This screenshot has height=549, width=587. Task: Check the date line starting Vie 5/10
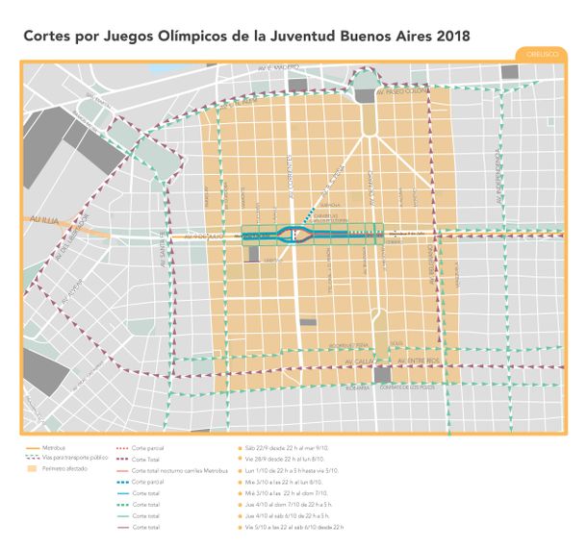point(294,527)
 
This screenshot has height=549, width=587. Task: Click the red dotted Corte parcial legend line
point(122,449)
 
